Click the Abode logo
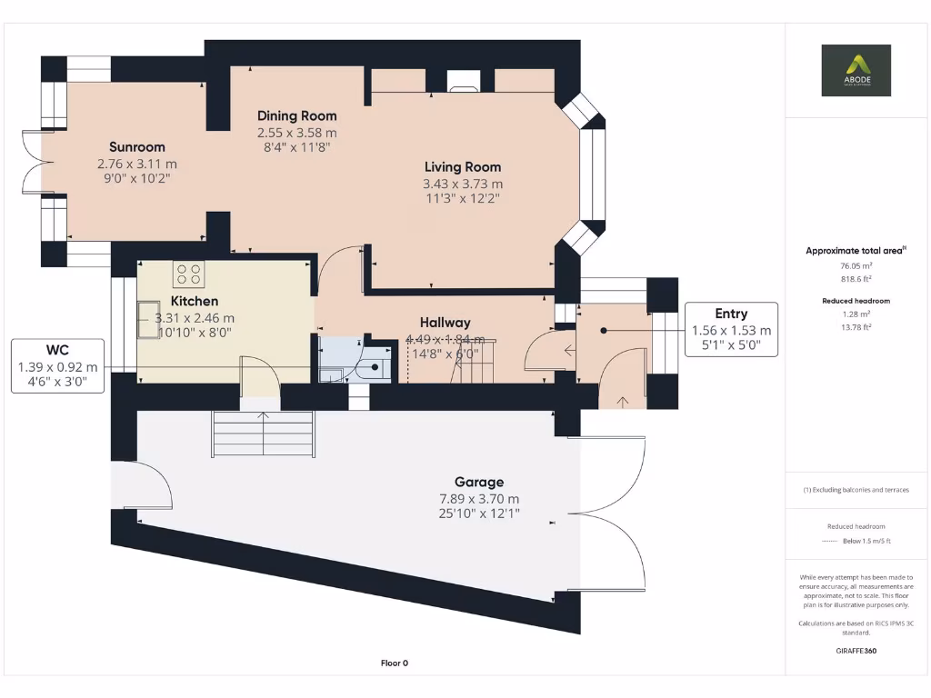coord(856,70)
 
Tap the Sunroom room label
coord(136,147)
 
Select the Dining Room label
coord(296,115)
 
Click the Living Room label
coord(462,166)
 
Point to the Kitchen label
coord(194,301)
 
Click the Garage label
coord(479,482)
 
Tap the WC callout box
coord(56,366)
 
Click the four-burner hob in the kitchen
coord(188,274)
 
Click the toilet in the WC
coord(369,369)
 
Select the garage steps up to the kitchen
coord(263,434)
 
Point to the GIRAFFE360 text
coord(856,651)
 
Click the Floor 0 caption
coord(394,663)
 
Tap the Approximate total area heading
coord(854,251)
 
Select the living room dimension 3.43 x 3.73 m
coord(462,184)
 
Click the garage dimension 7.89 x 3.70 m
coord(479,499)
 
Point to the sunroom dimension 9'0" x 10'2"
coord(136,179)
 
